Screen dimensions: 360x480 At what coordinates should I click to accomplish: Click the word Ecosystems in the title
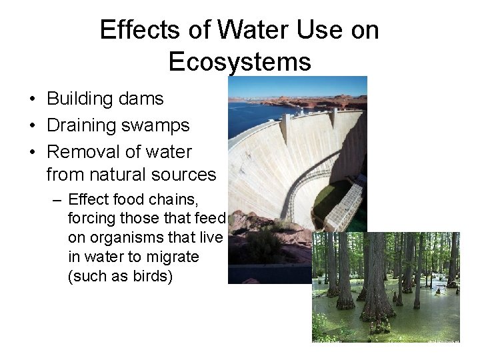click(x=239, y=61)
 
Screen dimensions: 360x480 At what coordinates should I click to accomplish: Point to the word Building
click(x=79, y=99)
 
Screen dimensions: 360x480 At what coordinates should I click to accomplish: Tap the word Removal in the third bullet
click(x=81, y=152)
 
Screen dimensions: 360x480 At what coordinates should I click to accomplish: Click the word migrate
click(x=175, y=257)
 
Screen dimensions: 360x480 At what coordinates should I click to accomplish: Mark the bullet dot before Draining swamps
click(x=32, y=126)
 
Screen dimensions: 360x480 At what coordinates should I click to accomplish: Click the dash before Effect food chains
click(x=59, y=200)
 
